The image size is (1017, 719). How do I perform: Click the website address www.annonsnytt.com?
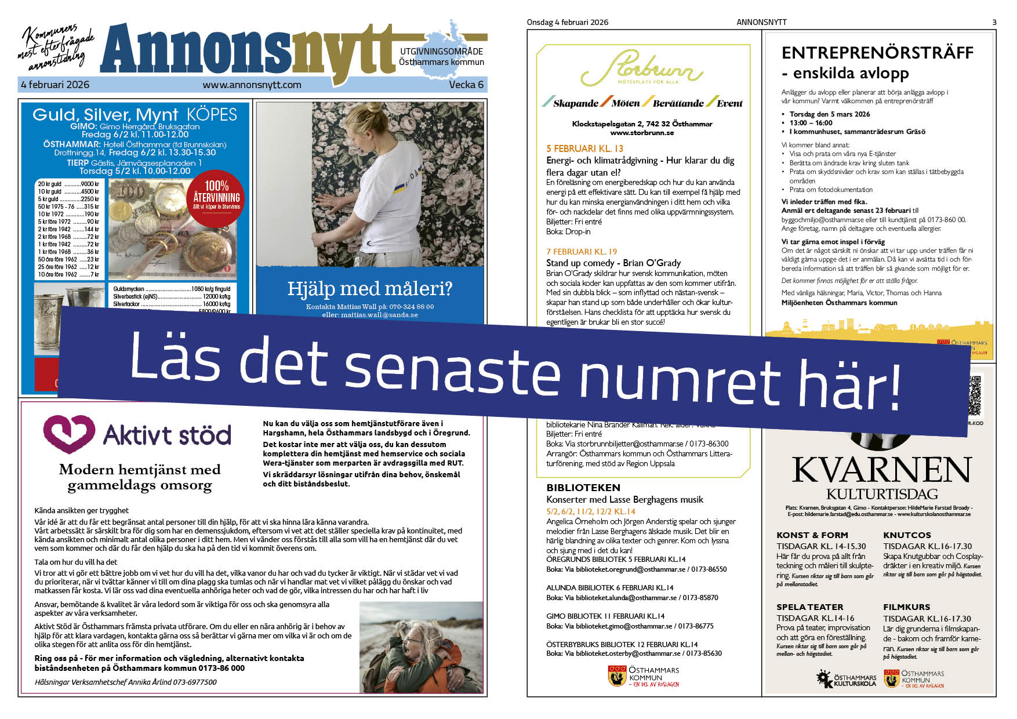pos(252,85)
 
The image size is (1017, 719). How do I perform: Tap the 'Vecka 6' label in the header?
pos(466,85)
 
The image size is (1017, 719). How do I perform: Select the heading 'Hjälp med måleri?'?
pos(369,288)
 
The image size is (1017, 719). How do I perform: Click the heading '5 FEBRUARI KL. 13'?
pos(584,148)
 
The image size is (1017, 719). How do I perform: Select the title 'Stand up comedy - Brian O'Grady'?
pos(613,263)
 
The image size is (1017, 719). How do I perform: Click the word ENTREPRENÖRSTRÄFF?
pos(877,53)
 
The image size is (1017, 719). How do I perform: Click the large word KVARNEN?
pos(881,469)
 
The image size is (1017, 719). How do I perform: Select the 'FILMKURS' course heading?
pos(906,607)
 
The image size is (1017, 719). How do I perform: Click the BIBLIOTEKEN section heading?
pos(583,488)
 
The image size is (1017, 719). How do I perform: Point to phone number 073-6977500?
pos(195,682)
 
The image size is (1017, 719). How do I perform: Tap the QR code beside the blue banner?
pos(975,397)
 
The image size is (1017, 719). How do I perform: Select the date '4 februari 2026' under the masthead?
pos(55,85)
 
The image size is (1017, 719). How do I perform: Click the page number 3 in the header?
pos(994,23)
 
